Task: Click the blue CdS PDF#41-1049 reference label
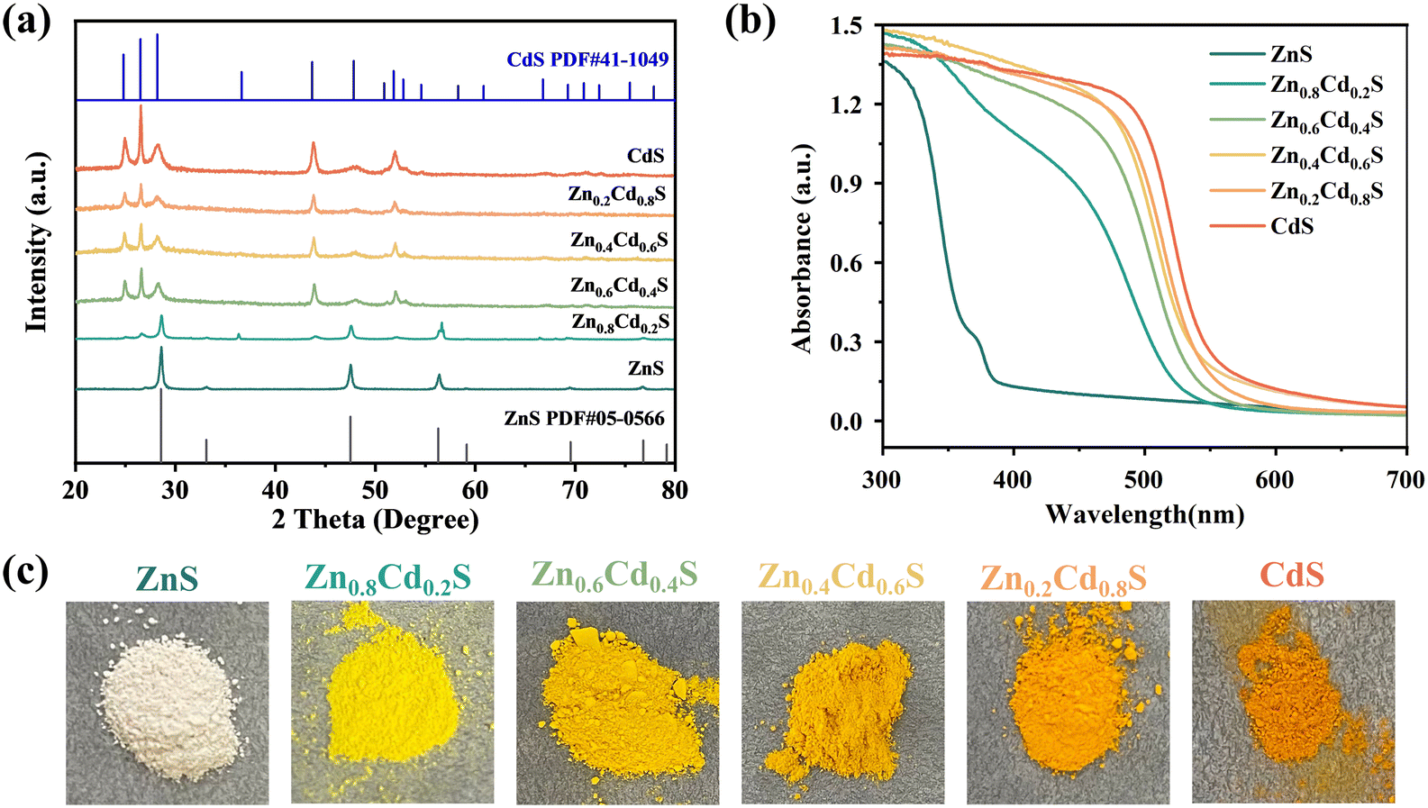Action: point(587,59)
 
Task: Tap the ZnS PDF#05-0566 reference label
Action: point(584,419)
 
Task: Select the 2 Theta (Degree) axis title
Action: point(376,520)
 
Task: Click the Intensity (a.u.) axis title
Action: point(36,241)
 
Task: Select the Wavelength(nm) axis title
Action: point(1145,513)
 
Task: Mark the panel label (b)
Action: point(750,22)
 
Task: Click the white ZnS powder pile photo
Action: point(168,703)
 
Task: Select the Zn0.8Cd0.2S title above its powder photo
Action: point(387,577)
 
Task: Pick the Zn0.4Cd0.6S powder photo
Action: point(842,703)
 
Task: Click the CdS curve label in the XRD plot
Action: point(646,155)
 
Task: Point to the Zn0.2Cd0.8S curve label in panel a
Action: point(617,195)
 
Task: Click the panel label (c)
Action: point(25,571)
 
